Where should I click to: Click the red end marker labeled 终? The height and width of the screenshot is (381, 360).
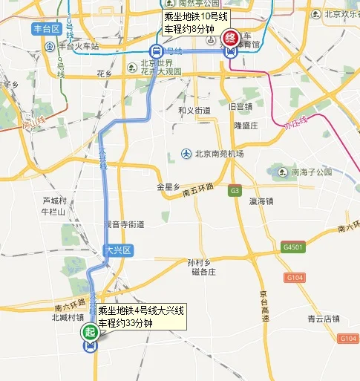click(231, 37)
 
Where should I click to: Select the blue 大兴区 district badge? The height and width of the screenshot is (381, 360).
click(117, 250)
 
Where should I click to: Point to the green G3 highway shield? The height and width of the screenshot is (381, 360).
click(235, 190)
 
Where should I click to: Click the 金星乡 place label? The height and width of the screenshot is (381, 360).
click(168, 186)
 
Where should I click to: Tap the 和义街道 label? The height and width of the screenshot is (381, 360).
click(194, 110)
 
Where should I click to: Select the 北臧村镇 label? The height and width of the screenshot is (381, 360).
click(68, 317)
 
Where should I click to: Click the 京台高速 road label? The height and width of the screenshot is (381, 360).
click(264, 306)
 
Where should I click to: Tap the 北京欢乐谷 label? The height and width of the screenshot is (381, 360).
click(340, 13)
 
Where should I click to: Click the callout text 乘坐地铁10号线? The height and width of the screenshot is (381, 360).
click(197, 16)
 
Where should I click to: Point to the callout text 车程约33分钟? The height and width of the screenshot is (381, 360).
click(125, 324)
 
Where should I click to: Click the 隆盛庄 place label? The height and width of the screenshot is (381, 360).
click(246, 126)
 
